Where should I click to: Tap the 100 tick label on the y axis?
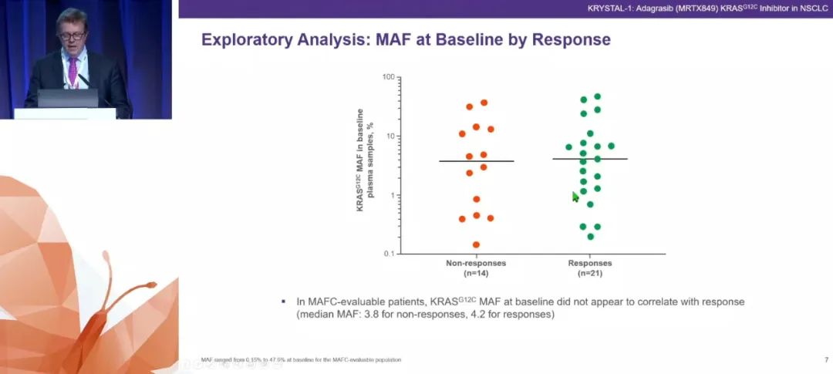pyautogui.click(x=388, y=77)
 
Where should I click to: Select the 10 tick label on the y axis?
pyautogui.click(x=390, y=136)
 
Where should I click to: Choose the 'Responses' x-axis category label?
pyautogui.click(x=590, y=264)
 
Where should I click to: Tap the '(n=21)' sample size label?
pyautogui.click(x=590, y=274)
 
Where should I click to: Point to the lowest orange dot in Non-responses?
pyautogui.click(x=476, y=245)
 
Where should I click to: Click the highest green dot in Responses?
pyautogui.click(x=598, y=97)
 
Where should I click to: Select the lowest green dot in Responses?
pyautogui.click(x=591, y=237)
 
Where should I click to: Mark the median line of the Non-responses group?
pyautogui.click(x=476, y=161)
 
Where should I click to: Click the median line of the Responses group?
pyautogui.click(x=590, y=159)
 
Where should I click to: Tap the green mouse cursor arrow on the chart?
pyautogui.click(x=575, y=197)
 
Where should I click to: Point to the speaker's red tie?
pyautogui.click(x=73, y=71)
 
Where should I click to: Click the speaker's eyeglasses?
pyautogui.click(x=71, y=35)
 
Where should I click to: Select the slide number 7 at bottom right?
pyautogui.click(x=826, y=360)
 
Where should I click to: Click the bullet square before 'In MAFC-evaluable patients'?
pyautogui.click(x=285, y=302)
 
